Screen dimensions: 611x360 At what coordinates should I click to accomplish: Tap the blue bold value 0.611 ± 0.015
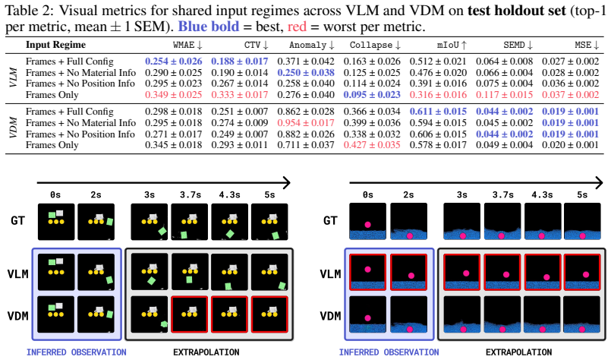[x=438, y=112]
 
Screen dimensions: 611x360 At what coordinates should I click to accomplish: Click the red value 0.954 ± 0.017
[x=306, y=123]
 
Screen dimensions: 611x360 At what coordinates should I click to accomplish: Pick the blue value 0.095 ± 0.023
[x=372, y=95]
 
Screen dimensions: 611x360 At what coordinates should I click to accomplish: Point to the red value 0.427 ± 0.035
[x=372, y=145]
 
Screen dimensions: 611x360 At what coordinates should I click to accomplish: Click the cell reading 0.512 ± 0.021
[x=438, y=62]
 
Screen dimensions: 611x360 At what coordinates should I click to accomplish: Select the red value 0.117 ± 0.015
[x=504, y=95]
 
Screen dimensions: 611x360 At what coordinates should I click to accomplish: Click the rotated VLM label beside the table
[x=14, y=77]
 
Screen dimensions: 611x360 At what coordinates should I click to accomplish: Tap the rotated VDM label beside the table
[x=14, y=128]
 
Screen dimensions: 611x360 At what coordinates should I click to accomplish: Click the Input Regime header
[x=55, y=45]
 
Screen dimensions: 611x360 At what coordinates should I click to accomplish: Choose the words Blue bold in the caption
[x=209, y=27]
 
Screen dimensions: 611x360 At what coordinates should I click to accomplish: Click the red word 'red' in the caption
[x=297, y=27]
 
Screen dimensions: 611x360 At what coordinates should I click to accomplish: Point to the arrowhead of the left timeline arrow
[x=288, y=182]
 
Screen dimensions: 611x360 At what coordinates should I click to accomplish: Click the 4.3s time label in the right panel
[x=542, y=194]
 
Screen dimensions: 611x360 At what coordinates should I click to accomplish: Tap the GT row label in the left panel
[x=18, y=221]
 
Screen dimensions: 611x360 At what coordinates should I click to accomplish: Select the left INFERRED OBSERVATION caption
[x=77, y=352]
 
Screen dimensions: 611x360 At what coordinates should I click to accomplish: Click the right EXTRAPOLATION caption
[x=518, y=352]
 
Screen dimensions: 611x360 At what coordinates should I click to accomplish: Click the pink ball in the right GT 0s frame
[x=367, y=225]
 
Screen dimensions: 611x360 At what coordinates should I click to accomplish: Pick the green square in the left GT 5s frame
[x=276, y=235]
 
